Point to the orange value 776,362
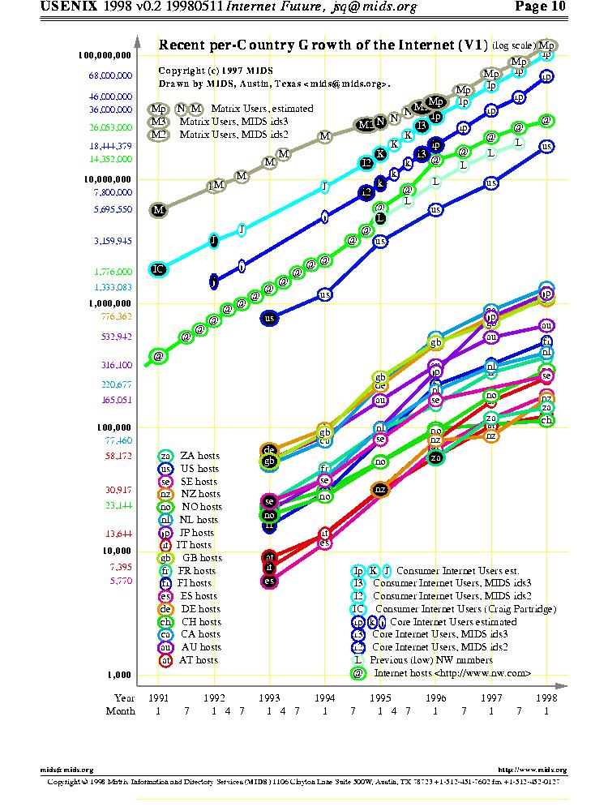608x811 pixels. click(114, 316)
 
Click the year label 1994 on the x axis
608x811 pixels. click(325, 697)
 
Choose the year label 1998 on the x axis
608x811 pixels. click(546, 697)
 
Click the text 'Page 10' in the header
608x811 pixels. click(540, 7)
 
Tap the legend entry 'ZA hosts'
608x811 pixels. click(199, 456)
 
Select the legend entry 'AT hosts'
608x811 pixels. click(199, 660)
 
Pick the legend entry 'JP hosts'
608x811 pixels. click(198, 533)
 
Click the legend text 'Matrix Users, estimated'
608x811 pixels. click(262, 108)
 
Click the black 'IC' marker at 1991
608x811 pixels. click(160, 269)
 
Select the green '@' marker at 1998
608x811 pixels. click(546, 121)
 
